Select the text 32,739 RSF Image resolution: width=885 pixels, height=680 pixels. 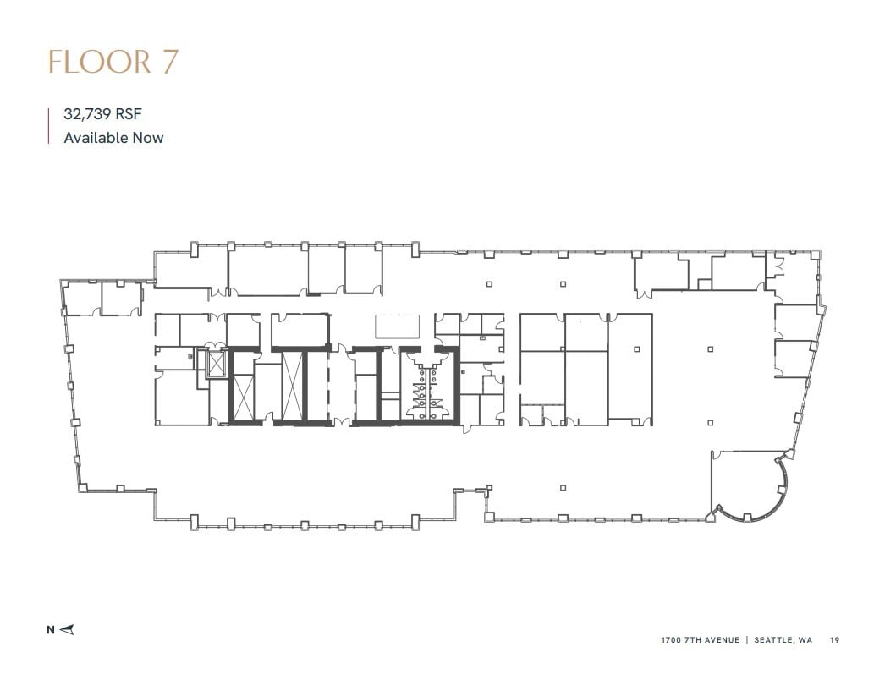pos(101,116)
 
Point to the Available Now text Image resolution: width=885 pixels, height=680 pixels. pos(113,137)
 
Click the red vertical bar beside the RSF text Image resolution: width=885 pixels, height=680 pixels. pos(49,126)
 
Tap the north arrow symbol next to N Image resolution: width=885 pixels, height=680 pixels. pos(69,629)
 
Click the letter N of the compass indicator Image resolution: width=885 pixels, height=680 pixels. pos(51,629)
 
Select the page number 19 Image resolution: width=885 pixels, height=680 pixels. pos(835,640)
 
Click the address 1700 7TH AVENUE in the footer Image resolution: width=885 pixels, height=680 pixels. pos(701,640)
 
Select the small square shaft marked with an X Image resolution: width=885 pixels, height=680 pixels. pos(216,365)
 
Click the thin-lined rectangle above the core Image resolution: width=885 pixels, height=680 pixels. pos(397,326)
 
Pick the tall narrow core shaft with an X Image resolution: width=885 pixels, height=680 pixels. pos(292,385)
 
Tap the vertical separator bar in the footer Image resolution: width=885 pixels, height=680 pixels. pos(747,640)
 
